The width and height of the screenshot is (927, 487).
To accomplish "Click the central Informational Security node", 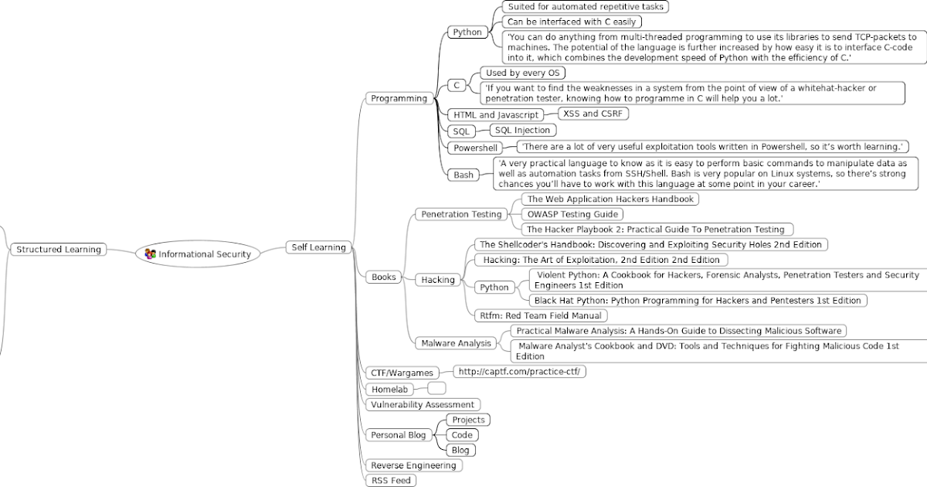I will pos(204,254).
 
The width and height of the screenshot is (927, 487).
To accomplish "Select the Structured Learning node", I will pos(59,250).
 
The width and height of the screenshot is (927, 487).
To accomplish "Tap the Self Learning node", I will pos(317,247).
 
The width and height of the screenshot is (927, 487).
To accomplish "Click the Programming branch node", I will pos(399,98).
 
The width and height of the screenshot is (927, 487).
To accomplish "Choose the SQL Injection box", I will pos(522,130).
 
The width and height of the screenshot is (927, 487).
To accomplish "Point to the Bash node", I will pos(463,175).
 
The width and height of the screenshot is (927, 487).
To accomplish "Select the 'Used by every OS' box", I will pos(523,73).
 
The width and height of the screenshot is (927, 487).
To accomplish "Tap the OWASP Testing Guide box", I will pos(572,214).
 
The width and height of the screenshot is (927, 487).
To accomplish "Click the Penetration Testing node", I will pos(461,214).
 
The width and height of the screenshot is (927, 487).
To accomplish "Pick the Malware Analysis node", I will pos(456,343).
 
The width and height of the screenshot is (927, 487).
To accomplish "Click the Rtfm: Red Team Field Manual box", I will pos(540,315).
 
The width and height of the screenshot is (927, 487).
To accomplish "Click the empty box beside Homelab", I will pos(436,388).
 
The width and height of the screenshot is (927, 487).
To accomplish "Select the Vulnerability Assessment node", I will pos(423,404).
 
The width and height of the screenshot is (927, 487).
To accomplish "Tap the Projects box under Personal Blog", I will pos(468,420).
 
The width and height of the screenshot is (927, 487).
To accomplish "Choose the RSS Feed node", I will pos(391,481).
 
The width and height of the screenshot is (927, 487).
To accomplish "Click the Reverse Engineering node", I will pos(414,465).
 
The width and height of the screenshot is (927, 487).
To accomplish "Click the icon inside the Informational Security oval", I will pos(151,254).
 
